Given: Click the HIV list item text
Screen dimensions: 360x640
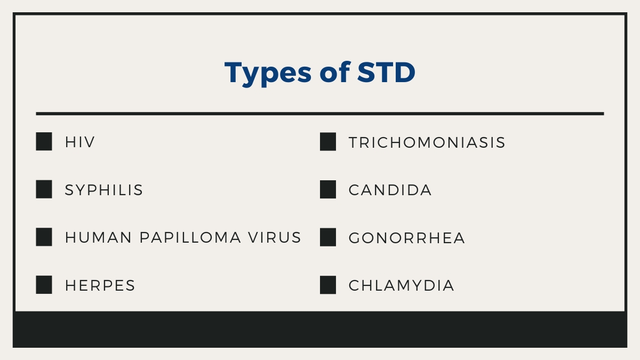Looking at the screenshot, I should tap(80, 142).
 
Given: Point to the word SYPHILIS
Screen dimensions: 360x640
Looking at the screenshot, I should tap(104, 190).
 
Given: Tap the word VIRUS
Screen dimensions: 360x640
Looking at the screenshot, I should tap(275, 237).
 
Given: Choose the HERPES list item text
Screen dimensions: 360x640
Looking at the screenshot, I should tap(100, 285).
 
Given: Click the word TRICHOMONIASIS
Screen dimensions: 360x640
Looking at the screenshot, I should tap(427, 142).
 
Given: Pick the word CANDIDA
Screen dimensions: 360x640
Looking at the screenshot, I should tap(390, 190).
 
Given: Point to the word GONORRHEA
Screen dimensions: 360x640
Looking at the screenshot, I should tap(406, 238).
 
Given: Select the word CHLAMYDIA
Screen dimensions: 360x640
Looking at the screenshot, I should tap(401, 285).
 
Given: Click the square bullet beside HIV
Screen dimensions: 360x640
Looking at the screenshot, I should tap(44, 142).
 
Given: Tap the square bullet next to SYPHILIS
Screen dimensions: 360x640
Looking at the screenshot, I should tap(44, 189).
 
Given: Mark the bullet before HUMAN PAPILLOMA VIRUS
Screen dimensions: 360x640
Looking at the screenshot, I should tap(44, 237).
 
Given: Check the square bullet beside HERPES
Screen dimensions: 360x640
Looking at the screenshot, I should tap(44, 285).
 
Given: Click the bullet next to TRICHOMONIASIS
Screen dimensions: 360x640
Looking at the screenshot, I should tap(328, 142).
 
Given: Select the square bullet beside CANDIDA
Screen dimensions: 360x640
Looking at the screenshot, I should tap(328, 189).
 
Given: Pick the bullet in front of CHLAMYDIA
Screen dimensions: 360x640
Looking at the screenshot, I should tap(328, 285).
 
